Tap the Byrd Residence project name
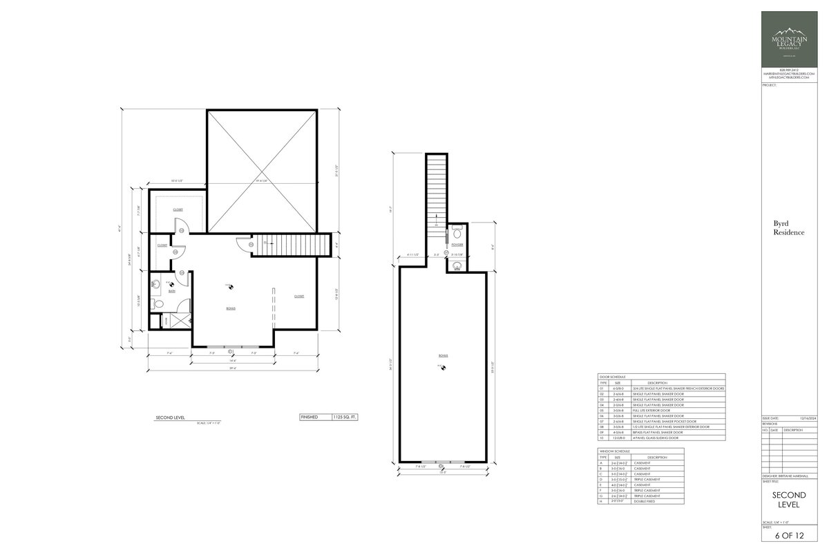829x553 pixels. pyautogui.click(x=788, y=229)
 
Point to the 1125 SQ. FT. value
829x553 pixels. pyautogui.click(x=343, y=418)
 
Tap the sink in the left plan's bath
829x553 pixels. pyautogui.click(x=155, y=283)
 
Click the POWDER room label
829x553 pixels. pyautogui.click(x=457, y=245)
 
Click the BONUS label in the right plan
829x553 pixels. pyautogui.click(x=443, y=355)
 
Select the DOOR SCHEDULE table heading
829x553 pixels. pyautogui.click(x=611, y=377)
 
